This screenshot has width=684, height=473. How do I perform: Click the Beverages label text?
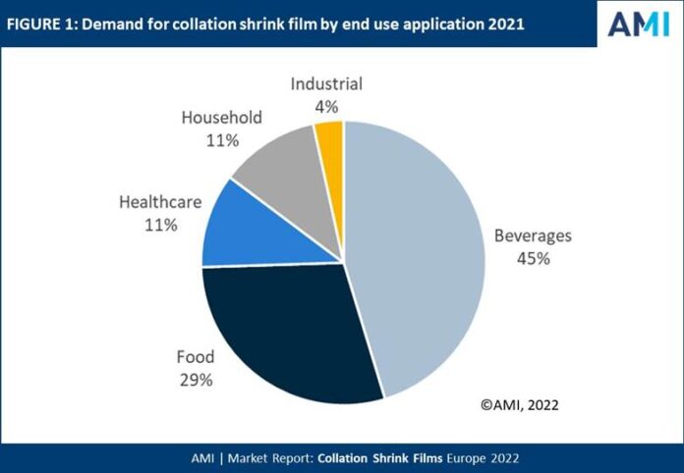coord(532,236)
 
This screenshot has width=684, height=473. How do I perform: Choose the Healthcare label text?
coord(160,202)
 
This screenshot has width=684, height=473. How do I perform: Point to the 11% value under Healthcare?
coord(160,225)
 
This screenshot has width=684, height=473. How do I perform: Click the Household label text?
coord(222,118)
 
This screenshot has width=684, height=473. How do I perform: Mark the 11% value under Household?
coord(222,140)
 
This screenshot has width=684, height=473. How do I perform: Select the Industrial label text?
coord(326,83)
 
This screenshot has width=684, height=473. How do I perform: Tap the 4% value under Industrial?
coord(326,105)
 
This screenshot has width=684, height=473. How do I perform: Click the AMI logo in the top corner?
coord(639,24)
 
